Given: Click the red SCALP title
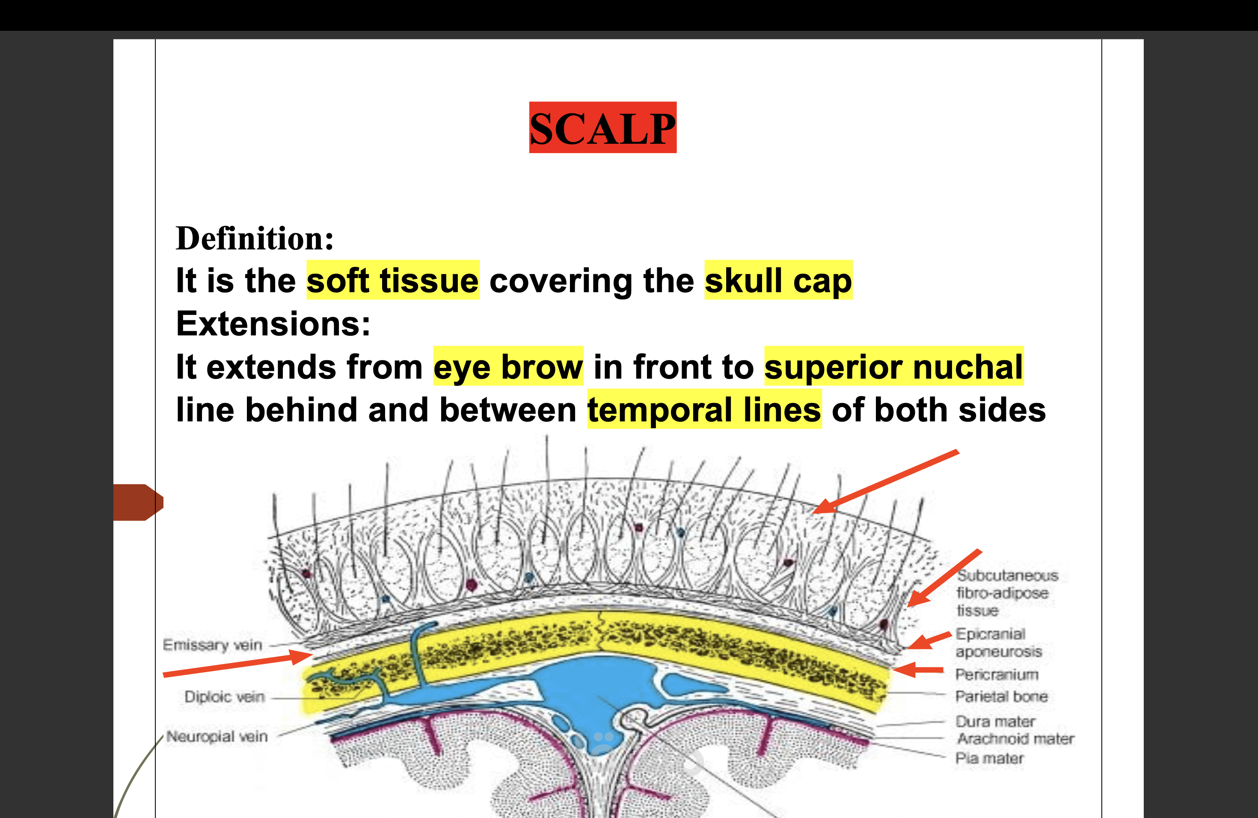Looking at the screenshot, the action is pyautogui.click(x=602, y=127).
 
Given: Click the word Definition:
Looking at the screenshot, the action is pyautogui.click(x=255, y=238).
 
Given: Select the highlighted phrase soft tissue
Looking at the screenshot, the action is pyautogui.click(x=393, y=280).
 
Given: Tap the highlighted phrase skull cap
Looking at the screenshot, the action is pyautogui.click(x=779, y=280).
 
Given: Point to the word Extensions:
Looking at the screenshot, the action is pyautogui.click(x=273, y=323).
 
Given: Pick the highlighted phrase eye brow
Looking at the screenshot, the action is pyautogui.click(x=508, y=366).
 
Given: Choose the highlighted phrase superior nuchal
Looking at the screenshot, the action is pyautogui.click(x=894, y=366).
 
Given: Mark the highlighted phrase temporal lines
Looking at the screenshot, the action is pyautogui.click(x=705, y=409).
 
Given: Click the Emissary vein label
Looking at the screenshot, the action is pyautogui.click(x=213, y=645).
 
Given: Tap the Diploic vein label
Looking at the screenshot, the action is pyautogui.click(x=224, y=696).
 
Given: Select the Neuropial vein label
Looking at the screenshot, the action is pyautogui.click(x=217, y=736).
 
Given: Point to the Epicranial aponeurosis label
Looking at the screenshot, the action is pyautogui.click(x=998, y=642).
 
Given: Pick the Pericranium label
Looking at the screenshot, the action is pyautogui.click(x=997, y=674).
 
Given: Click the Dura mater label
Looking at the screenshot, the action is pyautogui.click(x=995, y=721).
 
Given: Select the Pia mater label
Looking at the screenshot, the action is pyautogui.click(x=989, y=758).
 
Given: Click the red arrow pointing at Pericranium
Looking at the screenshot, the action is pyautogui.click(x=919, y=670).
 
